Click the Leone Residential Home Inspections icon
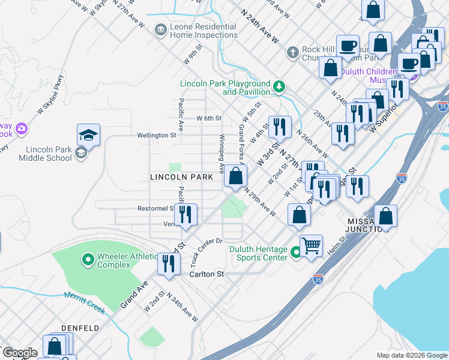[160, 29]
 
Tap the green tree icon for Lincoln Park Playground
[279, 87]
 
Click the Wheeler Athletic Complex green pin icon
[88, 260]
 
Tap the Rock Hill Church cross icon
[292, 53]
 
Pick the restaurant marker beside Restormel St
[186, 214]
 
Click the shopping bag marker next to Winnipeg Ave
[236, 176]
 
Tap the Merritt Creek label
[84, 302]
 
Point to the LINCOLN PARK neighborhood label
[181, 178]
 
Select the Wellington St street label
[156, 136]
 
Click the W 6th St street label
[209, 118]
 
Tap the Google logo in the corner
[20, 353]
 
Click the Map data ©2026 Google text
[412, 355]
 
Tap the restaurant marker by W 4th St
[279, 127]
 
